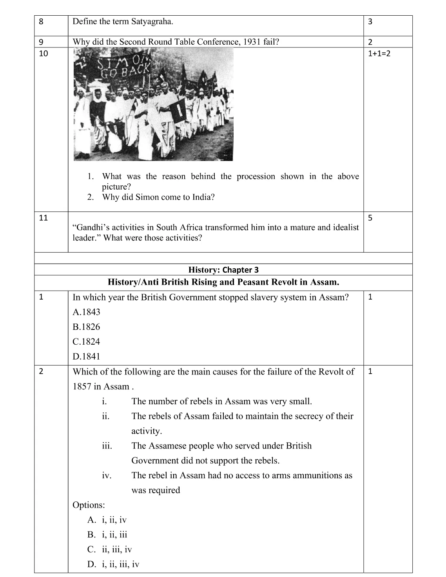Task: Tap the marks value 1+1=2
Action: click(379, 53)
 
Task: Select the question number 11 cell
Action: click(44, 218)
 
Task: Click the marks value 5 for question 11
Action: click(370, 218)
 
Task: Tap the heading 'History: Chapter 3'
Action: click(223, 270)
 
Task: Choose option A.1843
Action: click(86, 312)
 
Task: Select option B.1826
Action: click(86, 327)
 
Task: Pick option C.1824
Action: click(86, 342)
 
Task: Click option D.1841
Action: click(86, 357)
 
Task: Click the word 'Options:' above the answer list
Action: click(89, 505)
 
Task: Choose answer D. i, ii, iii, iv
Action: click(114, 564)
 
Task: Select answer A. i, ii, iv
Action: click(107, 520)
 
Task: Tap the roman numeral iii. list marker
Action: click(107, 446)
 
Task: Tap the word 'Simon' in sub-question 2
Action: click(147, 197)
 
